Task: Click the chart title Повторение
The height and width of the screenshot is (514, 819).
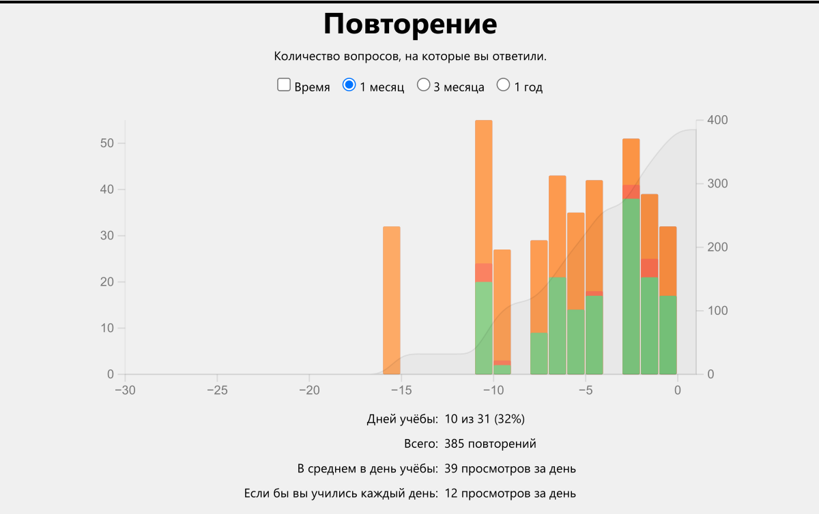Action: pyautogui.click(x=410, y=25)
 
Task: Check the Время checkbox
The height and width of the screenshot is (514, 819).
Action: pyautogui.click(x=285, y=85)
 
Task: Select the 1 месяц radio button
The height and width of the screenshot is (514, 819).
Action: pyautogui.click(x=349, y=85)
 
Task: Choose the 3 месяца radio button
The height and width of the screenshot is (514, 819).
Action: pyautogui.click(x=424, y=85)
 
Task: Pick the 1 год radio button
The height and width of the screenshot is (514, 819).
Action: pyautogui.click(x=504, y=85)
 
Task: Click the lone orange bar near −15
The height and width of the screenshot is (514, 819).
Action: pyautogui.click(x=391, y=300)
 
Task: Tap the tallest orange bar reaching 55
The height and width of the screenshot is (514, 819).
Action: pyautogui.click(x=484, y=191)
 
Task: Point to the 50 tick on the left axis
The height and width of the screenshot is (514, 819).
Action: pyautogui.click(x=105, y=143)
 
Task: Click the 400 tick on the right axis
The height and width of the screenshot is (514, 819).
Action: pyautogui.click(x=717, y=121)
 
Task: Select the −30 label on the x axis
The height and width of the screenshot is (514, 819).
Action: pyautogui.click(x=125, y=390)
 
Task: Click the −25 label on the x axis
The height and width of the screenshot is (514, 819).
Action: pyautogui.click(x=217, y=390)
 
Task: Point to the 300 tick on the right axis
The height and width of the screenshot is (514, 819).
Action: pyautogui.click(x=717, y=184)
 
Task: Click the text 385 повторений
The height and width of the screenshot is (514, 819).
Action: pyautogui.click(x=490, y=444)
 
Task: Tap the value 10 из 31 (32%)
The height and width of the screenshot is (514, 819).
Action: pyautogui.click(x=485, y=418)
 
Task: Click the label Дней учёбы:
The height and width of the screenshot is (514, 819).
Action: pyautogui.click(x=402, y=418)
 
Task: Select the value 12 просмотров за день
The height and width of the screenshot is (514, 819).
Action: pyautogui.click(x=510, y=492)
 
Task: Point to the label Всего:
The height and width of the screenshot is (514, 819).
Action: pyautogui.click(x=420, y=444)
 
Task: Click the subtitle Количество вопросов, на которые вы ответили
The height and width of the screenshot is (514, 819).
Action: pyautogui.click(x=410, y=56)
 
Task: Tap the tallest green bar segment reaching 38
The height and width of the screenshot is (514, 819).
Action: pyautogui.click(x=631, y=286)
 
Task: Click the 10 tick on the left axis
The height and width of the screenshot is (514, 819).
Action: pyautogui.click(x=105, y=328)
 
